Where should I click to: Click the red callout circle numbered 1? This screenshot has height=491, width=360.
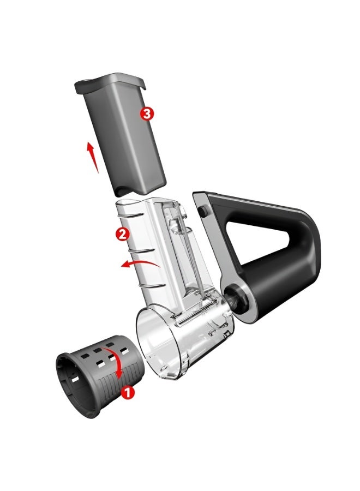(x=128, y=392)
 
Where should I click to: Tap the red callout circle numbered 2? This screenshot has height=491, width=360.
(x=122, y=233)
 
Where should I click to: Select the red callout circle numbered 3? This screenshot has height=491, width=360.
(x=147, y=113)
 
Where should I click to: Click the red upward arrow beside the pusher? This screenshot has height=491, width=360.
(x=92, y=157)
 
